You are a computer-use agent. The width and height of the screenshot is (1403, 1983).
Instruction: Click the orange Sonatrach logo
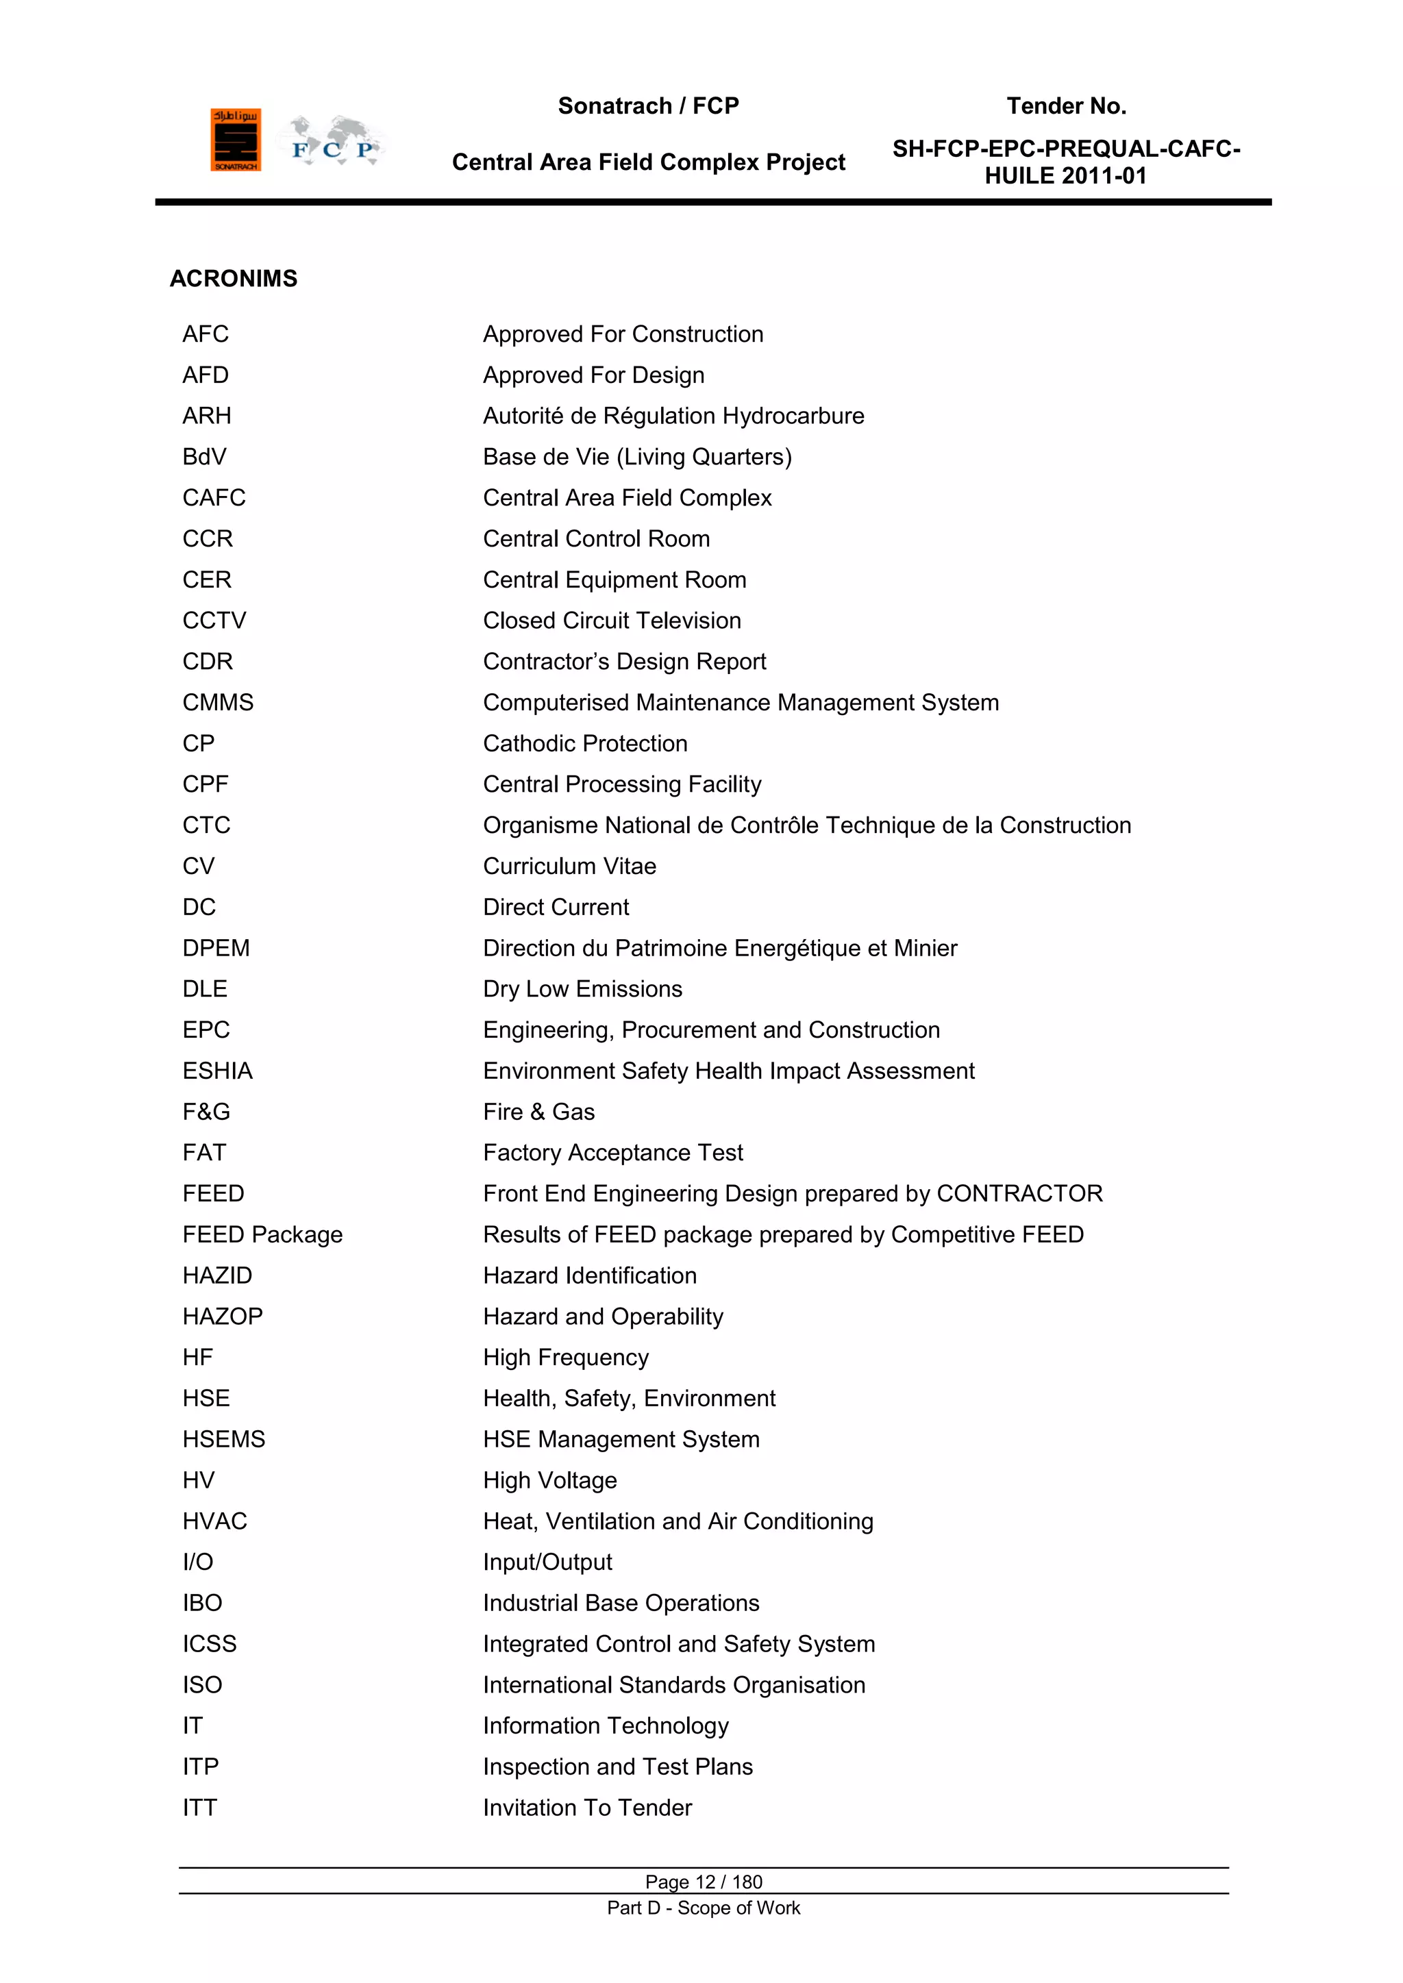point(235,140)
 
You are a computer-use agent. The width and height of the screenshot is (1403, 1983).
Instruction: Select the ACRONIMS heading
point(233,278)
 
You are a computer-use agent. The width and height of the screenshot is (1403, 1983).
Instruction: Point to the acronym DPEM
point(216,947)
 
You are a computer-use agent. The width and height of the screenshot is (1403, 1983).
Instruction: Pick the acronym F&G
point(206,1112)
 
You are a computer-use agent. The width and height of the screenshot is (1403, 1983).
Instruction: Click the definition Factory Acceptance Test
point(612,1152)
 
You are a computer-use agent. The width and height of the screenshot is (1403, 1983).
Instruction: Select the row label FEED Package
point(262,1234)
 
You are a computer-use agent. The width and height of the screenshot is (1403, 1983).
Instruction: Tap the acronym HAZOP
point(222,1317)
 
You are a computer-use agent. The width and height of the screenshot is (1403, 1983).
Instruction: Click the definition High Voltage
point(549,1480)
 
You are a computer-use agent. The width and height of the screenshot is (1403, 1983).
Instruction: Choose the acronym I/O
point(198,1562)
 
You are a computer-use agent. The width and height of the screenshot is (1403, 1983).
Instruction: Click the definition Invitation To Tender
point(588,1808)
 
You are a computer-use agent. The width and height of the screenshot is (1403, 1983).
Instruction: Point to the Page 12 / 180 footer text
point(704,1882)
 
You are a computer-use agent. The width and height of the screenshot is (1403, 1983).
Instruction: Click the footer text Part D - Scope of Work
point(704,1908)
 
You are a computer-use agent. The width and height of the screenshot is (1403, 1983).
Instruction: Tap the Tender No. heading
point(1066,105)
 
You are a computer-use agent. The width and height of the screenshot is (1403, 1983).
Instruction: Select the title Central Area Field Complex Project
point(648,162)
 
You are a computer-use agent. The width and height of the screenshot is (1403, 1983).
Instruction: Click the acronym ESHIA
point(217,1071)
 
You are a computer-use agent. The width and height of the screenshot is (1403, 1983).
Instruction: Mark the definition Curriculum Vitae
point(569,866)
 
